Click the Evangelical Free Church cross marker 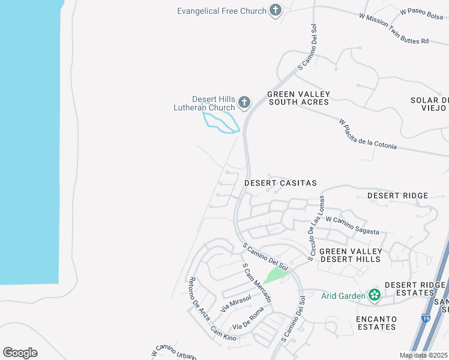tap(276, 10)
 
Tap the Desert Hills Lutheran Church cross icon tap(244, 103)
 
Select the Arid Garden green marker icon tap(375, 295)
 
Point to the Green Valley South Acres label tap(298, 98)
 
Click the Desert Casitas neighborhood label tap(280, 182)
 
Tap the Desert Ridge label tap(397, 196)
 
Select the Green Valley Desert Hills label tap(350, 255)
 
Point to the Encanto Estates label tap(376, 323)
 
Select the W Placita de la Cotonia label tap(367, 135)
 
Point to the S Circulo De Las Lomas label tap(316, 228)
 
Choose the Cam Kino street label tap(223, 334)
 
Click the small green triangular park tap(277, 275)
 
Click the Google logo tap(20, 353)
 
